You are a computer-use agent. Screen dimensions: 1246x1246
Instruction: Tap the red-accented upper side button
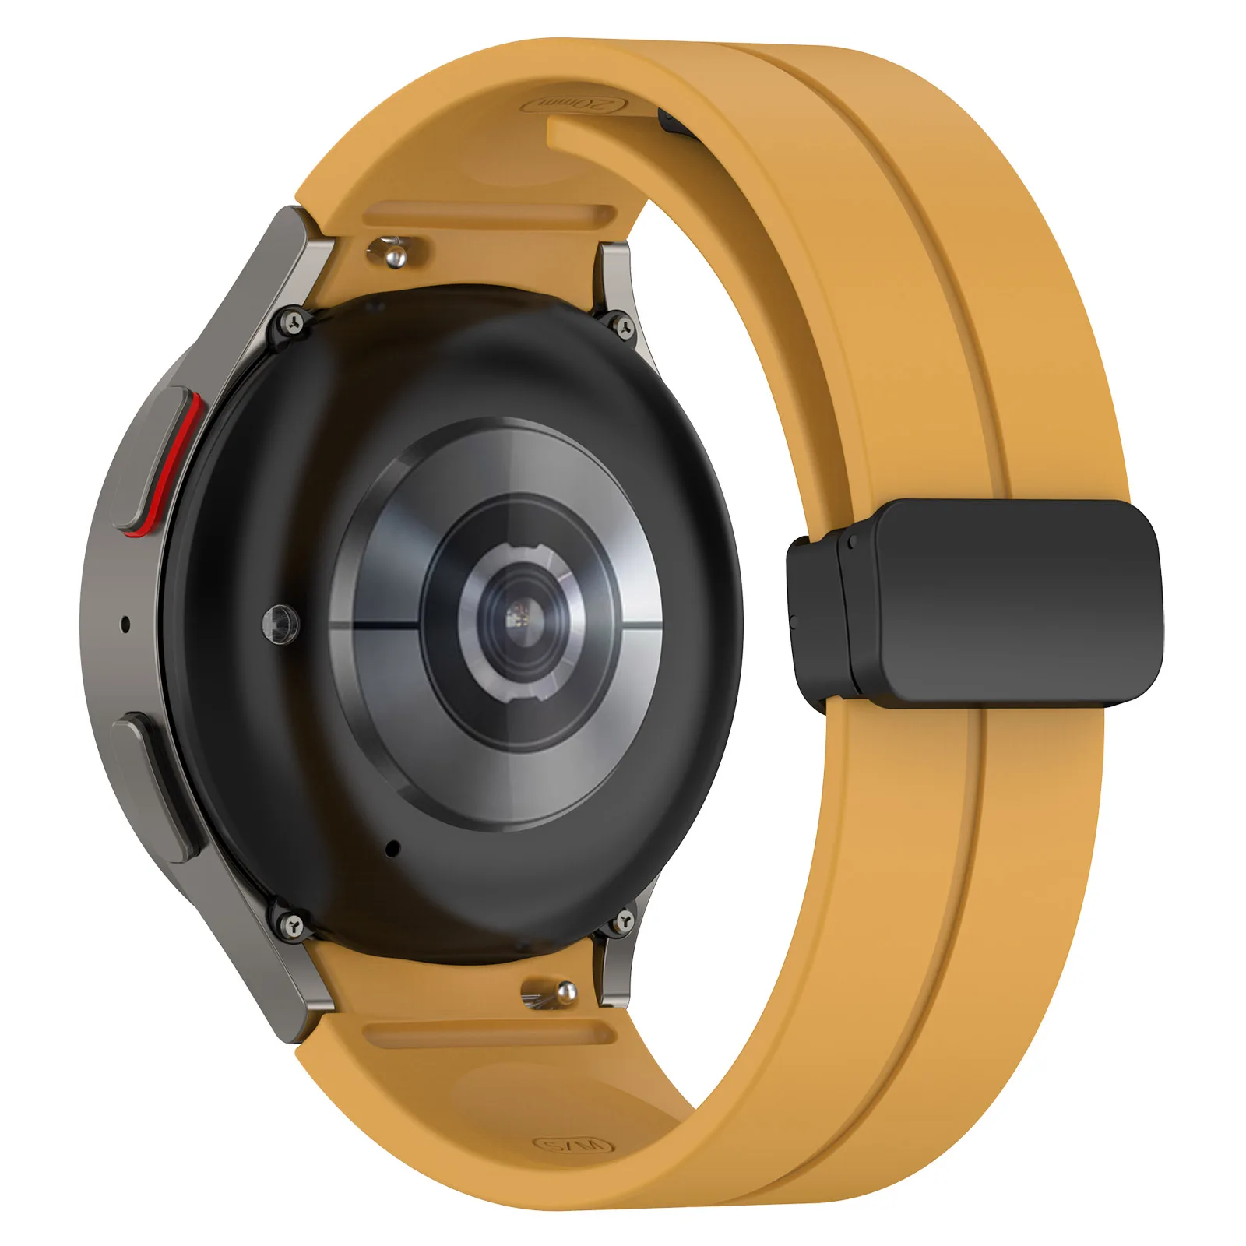tap(160, 459)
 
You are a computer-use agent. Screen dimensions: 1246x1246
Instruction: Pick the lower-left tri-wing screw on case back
tap(293, 924)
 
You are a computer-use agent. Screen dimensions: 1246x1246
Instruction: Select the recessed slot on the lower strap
tap(491, 1033)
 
